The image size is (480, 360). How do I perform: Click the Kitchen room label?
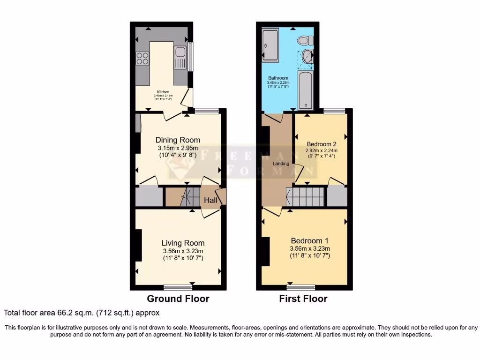click(x=163, y=92)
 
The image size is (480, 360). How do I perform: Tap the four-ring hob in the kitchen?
click(x=142, y=58)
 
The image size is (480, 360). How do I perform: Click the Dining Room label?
click(x=178, y=140)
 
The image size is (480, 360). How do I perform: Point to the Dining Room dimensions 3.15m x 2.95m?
click(x=178, y=148)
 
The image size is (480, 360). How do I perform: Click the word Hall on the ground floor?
click(x=210, y=200)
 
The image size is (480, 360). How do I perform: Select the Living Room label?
click(x=183, y=243)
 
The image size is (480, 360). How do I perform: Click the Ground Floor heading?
click(x=178, y=299)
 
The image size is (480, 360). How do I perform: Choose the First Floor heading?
click(x=303, y=299)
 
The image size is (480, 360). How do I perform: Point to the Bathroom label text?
click(x=278, y=78)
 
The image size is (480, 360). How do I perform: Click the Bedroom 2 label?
click(x=322, y=144)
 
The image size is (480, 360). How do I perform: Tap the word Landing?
click(x=281, y=164)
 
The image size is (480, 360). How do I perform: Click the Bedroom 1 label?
click(x=310, y=240)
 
